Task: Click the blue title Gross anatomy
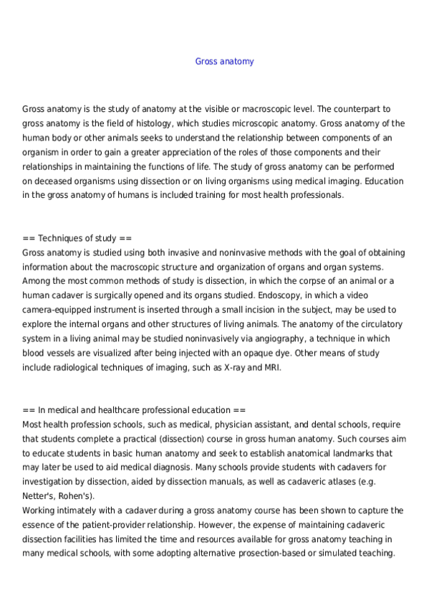(x=224, y=62)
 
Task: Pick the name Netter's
(x=37, y=496)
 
